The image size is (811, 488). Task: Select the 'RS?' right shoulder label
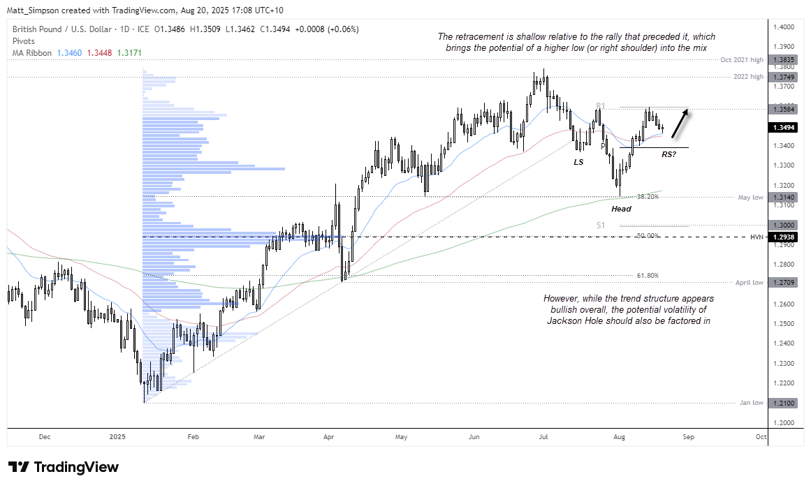pyautogui.click(x=668, y=154)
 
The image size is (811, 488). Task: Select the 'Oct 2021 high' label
pyautogui.click(x=743, y=60)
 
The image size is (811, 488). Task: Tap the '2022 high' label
pyautogui.click(x=748, y=77)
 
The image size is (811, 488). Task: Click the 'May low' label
pyautogui.click(x=751, y=197)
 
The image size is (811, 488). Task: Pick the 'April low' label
pyautogui.click(x=750, y=283)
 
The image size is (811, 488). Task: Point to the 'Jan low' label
pyautogui.click(x=752, y=403)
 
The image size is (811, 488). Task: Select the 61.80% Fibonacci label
pyautogui.click(x=646, y=276)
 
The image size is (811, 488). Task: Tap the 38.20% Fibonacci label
pyautogui.click(x=646, y=197)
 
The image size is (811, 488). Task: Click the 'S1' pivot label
pyautogui.click(x=601, y=225)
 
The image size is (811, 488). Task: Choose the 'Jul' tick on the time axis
pyautogui.click(x=543, y=436)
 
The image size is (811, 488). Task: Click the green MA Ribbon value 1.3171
pyautogui.click(x=129, y=53)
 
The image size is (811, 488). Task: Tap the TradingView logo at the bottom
pyautogui.click(x=64, y=467)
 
